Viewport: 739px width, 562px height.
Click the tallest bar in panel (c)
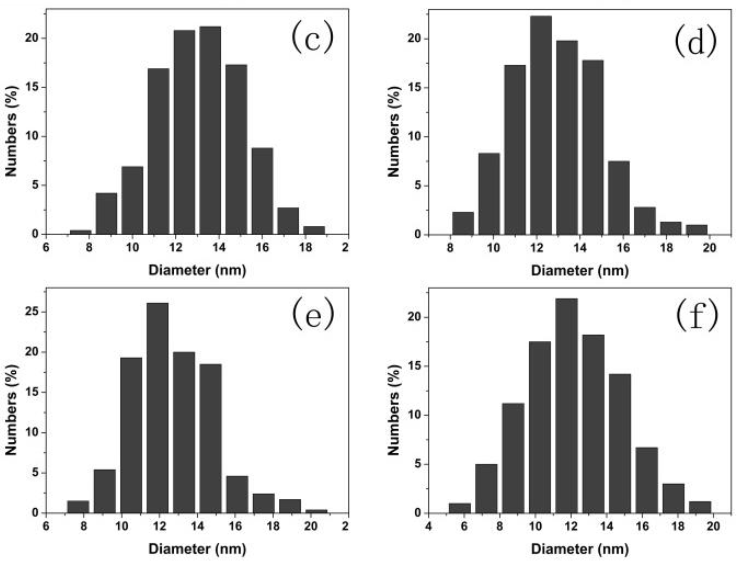click(x=210, y=130)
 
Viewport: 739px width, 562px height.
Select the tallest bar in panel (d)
click(x=541, y=125)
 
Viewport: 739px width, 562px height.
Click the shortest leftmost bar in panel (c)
click(x=80, y=232)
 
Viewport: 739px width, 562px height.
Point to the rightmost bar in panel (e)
click(x=316, y=511)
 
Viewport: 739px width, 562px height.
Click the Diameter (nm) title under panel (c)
click(x=197, y=270)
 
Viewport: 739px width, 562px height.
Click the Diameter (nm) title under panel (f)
click(x=580, y=549)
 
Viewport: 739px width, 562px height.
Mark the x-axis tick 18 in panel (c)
click(x=305, y=248)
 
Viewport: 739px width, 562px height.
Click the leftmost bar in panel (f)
click(x=459, y=508)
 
